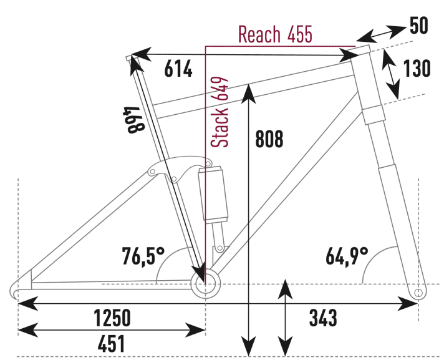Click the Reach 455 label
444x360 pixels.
tap(275, 35)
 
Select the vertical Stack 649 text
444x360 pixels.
tap(220, 112)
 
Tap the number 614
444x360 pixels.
tap(178, 70)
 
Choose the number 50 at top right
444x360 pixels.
tap(420, 26)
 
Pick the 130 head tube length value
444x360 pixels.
tap(417, 69)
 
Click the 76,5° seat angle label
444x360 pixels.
tap(143, 255)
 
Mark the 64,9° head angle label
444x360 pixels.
tap(347, 255)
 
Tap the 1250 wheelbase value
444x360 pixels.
tap(112, 318)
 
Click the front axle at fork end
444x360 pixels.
tap(419, 291)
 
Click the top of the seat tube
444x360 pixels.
tap(129, 58)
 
